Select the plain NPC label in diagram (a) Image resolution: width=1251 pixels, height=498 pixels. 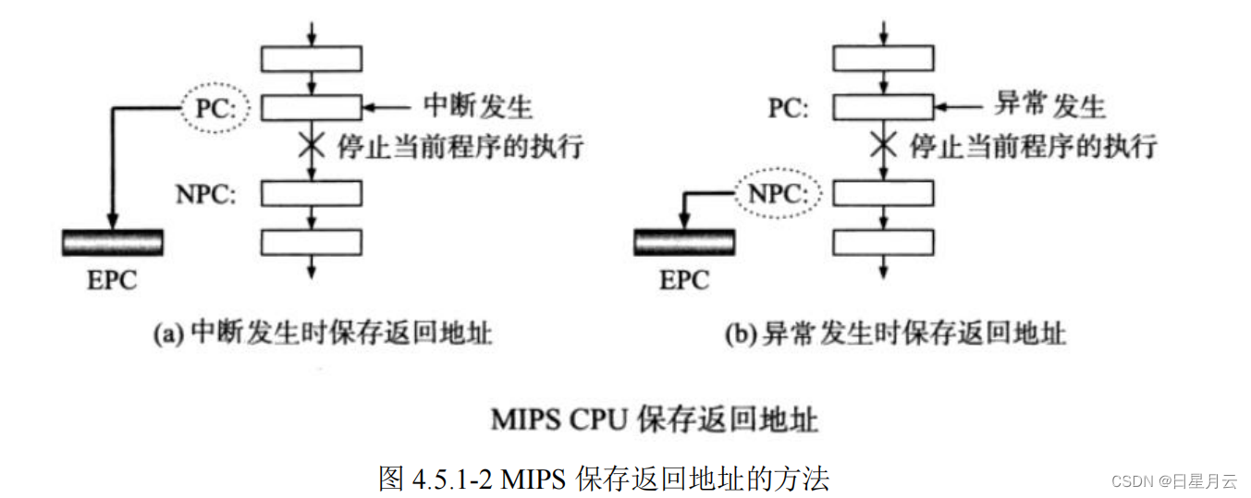coord(206,195)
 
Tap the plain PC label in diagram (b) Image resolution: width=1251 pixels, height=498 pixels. coord(788,109)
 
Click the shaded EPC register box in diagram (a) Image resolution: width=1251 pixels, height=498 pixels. coord(113,242)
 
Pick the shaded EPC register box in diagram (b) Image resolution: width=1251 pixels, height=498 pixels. coord(684,242)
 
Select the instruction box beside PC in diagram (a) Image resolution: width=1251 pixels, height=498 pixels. coord(312,108)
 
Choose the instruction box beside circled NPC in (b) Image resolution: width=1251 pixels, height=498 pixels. coord(883,194)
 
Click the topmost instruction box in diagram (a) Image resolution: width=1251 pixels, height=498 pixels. coord(312,58)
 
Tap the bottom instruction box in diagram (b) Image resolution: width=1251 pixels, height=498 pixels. coord(883,242)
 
